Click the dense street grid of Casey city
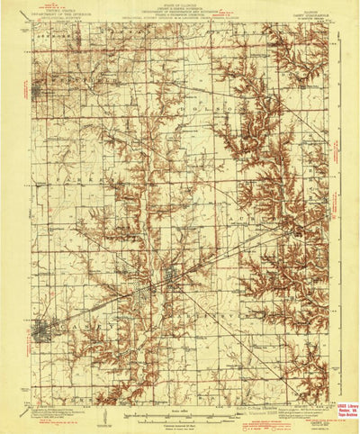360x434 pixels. click(x=41, y=333)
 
